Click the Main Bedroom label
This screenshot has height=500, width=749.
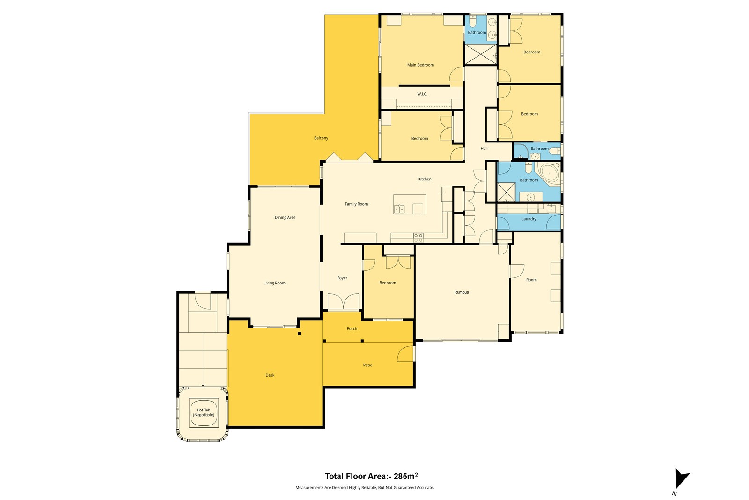click(x=420, y=65)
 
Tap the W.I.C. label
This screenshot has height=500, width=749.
click(x=422, y=94)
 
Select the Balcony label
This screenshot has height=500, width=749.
click(x=321, y=138)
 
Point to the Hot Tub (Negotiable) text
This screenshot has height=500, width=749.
click(x=204, y=412)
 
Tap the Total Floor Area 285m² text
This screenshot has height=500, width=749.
click(x=371, y=476)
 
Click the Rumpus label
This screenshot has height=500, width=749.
click(x=462, y=292)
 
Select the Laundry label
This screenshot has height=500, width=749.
click(x=529, y=219)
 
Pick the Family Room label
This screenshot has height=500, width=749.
click(x=356, y=204)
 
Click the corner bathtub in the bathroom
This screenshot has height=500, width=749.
click(x=549, y=173)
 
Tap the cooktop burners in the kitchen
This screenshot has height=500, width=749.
click(x=419, y=238)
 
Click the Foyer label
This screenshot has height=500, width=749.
click(x=342, y=278)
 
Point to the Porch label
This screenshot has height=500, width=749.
click(x=352, y=328)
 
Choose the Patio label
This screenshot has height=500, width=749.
click(x=367, y=365)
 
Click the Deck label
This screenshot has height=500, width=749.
click(x=270, y=375)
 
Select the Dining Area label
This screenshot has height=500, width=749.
click(x=285, y=217)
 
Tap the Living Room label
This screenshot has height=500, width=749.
click(x=274, y=283)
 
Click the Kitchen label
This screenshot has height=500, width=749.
click(x=425, y=179)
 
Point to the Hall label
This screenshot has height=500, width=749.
click(x=484, y=148)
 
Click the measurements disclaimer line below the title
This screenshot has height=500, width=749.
click(x=365, y=488)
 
